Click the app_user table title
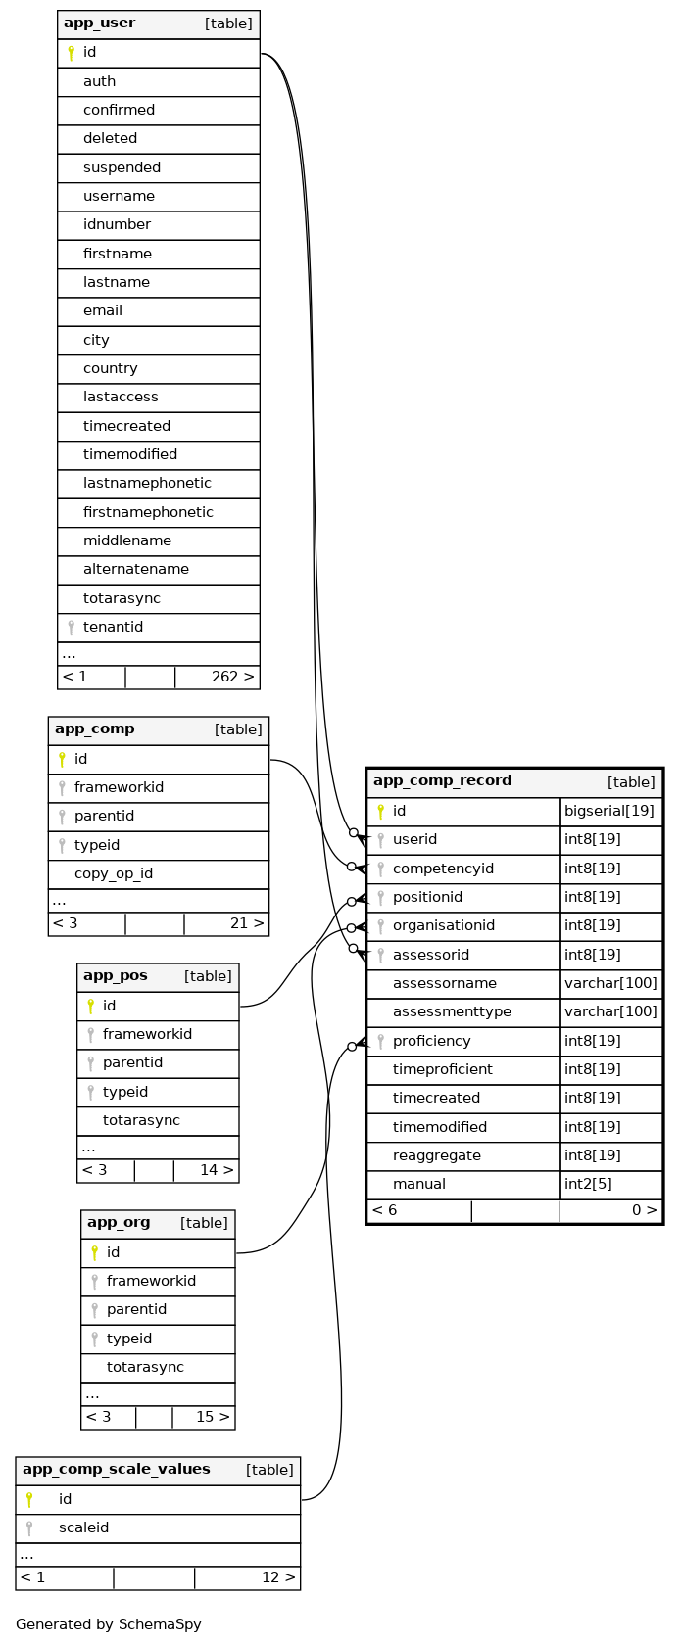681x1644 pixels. point(100,23)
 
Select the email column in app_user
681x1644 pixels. point(103,311)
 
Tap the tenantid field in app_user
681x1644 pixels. point(113,628)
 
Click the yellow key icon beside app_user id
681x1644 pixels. point(71,53)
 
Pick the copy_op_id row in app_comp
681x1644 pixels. point(114,874)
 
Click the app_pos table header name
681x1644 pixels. point(116,976)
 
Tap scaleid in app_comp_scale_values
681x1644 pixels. point(83,1528)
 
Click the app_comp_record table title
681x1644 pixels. point(442,781)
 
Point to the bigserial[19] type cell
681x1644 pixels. point(608,812)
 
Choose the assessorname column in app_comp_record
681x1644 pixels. point(444,984)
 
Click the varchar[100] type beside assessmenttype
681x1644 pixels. point(610,1012)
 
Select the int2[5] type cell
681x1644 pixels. point(588,1185)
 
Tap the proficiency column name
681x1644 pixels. point(431,1042)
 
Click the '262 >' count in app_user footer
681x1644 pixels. point(232,677)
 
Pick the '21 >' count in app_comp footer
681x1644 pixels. point(246,923)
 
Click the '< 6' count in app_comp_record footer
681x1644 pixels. point(385,1211)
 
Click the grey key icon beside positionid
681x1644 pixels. point(380,898)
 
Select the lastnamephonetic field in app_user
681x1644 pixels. point(147,484)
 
